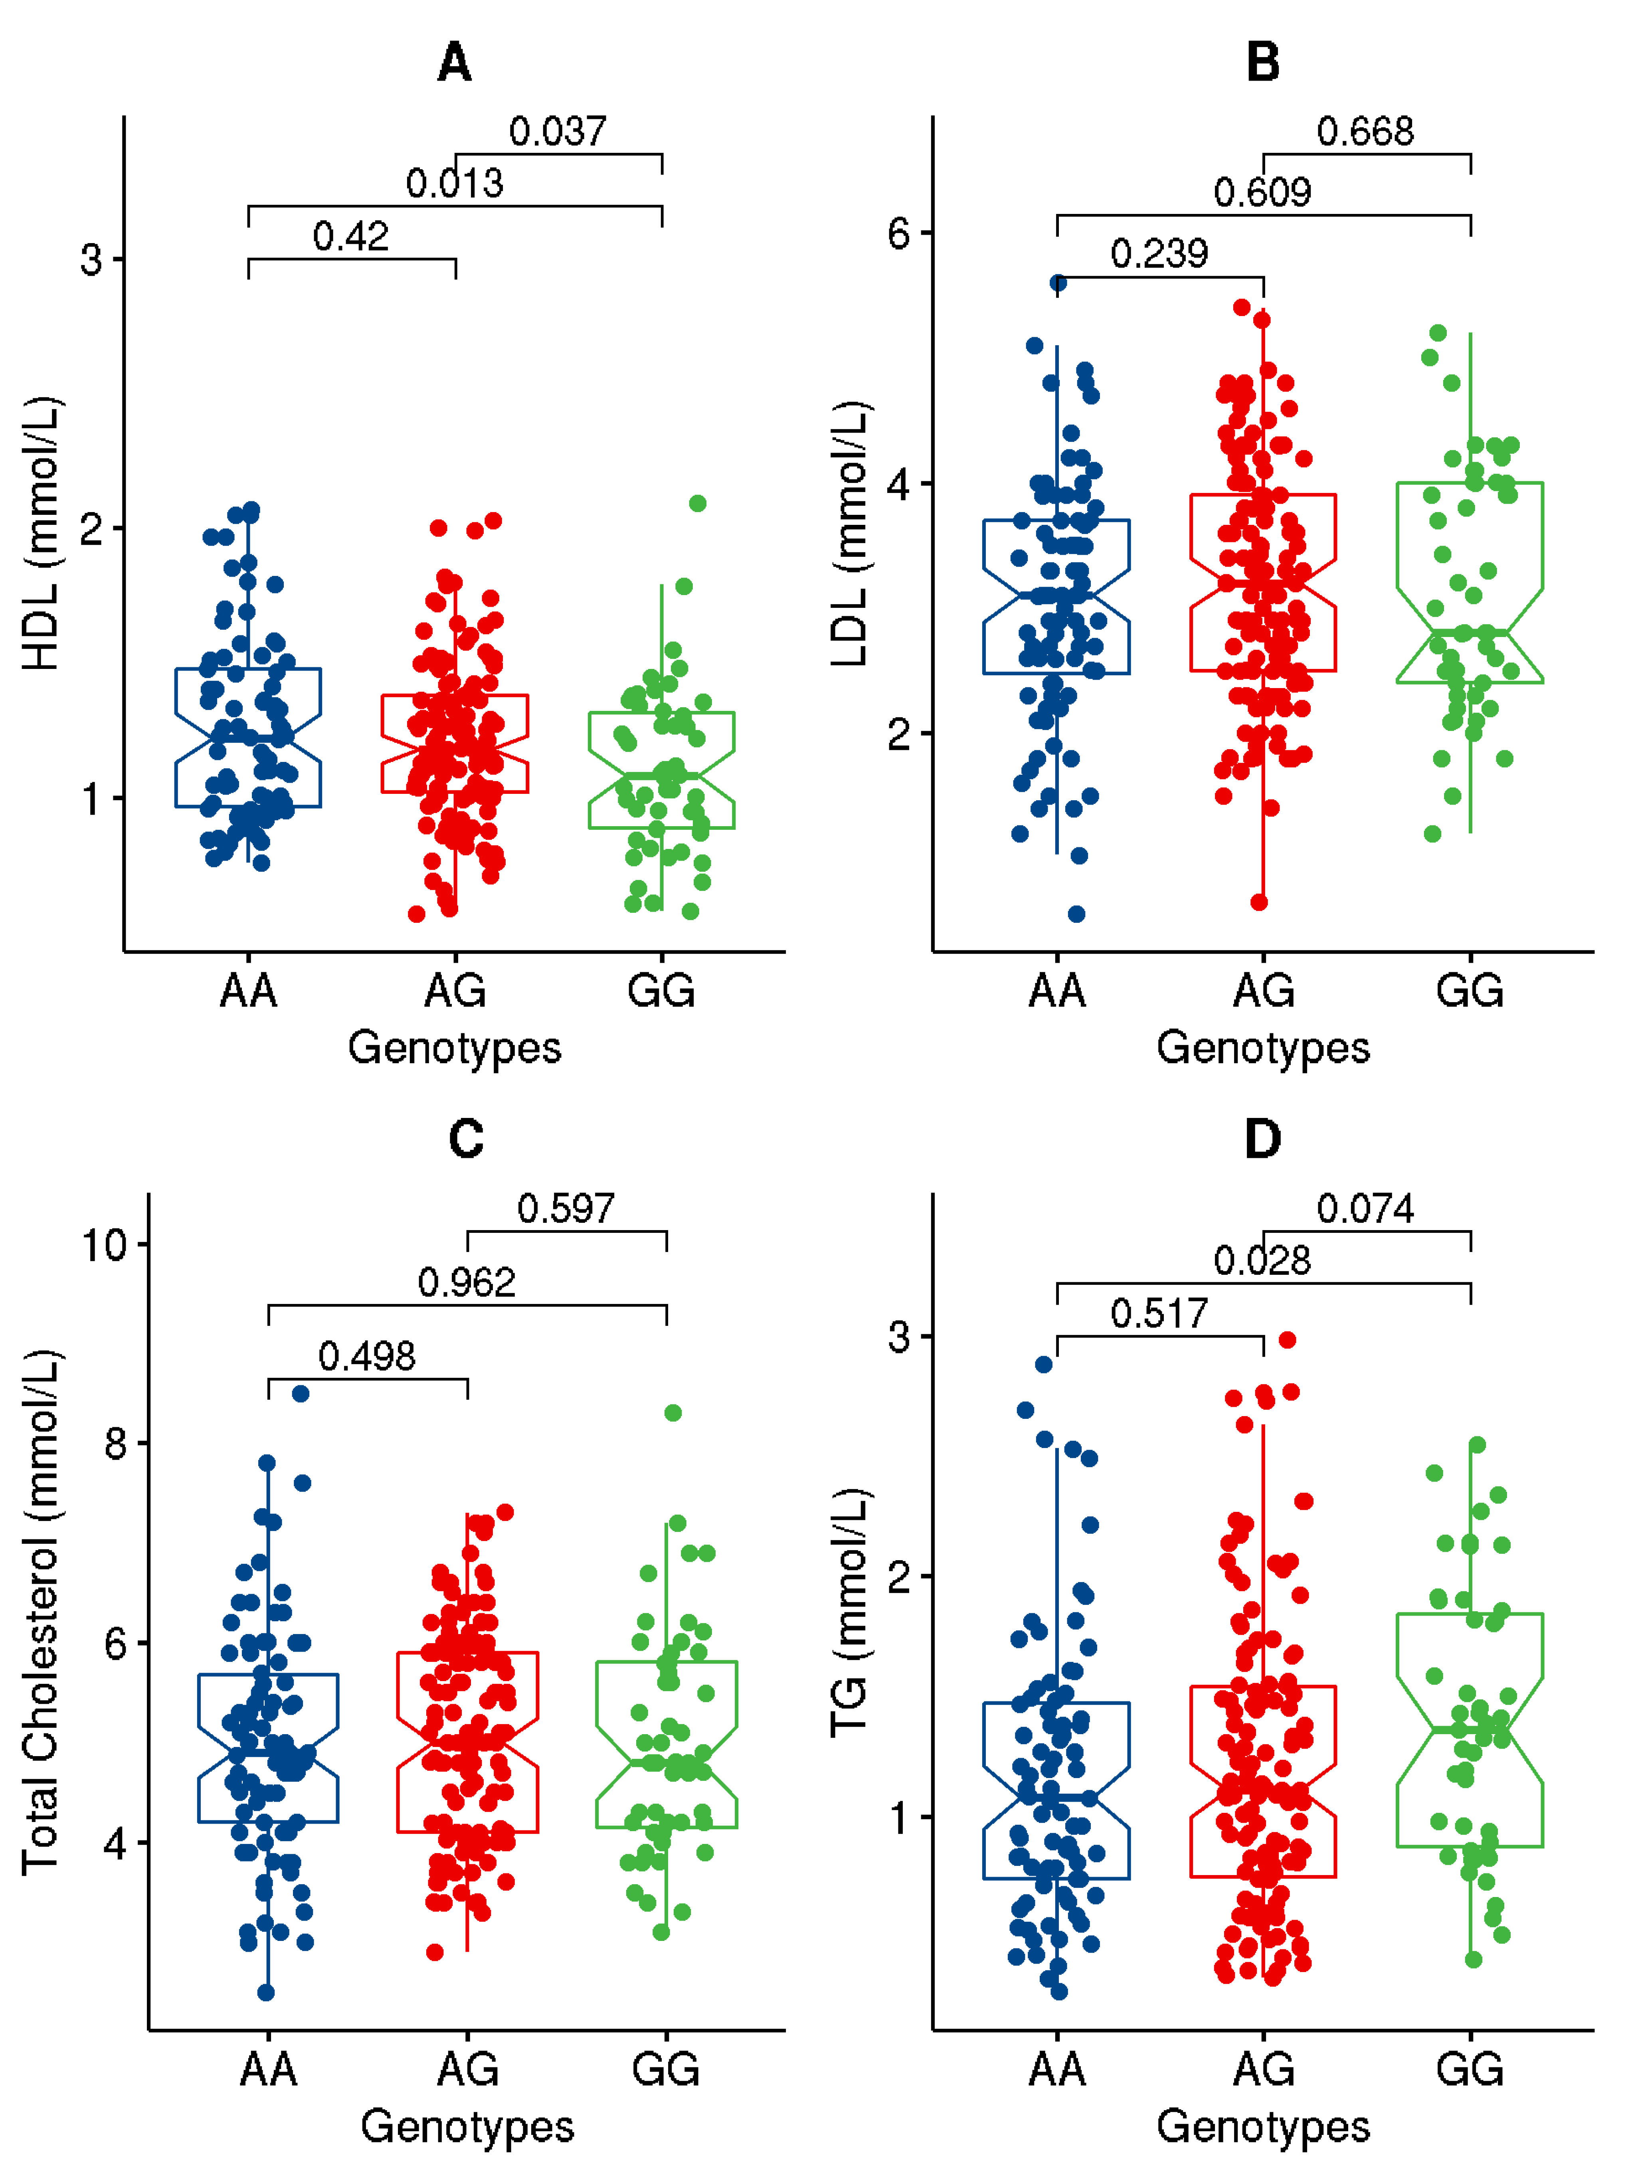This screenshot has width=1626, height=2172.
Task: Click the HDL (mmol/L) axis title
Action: click(x=41, y=533)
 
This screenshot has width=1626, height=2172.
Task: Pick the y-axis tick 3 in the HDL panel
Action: click(x=91, y=260)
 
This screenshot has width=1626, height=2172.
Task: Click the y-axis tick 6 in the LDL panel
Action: click(x=898, y=234)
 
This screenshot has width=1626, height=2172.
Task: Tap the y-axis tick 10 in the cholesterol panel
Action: click(x=104, y=1245)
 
